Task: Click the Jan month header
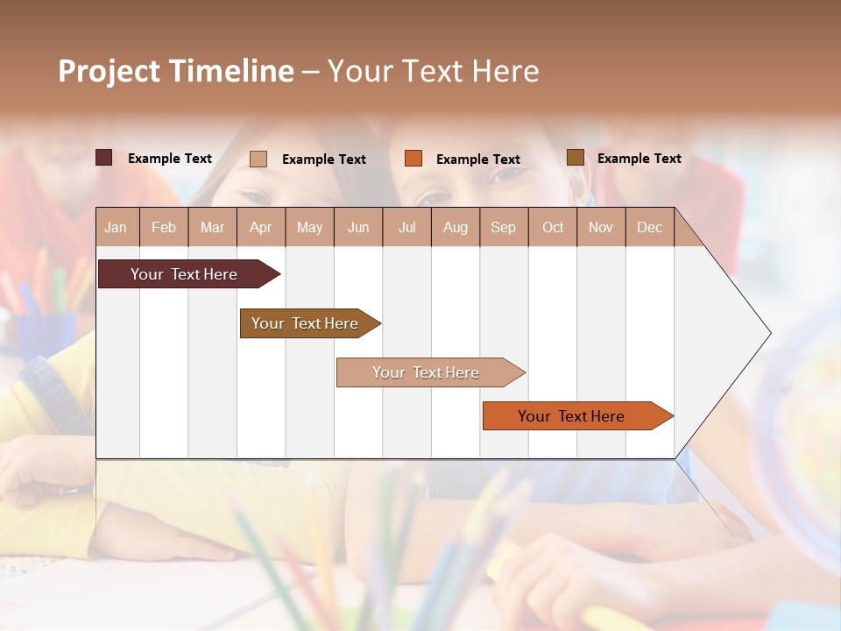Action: pyautogui.click(x=116, y=228)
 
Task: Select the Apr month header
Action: pyautogui.click(x=260, y=228)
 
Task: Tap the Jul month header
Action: pyautogui.click(x=406, y=228)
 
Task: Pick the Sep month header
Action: pyautogui.click(x=503, y=228)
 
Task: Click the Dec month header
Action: pyautogui.click(x=649, y=228)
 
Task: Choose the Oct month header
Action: pyautogui.click(x=553, y=228)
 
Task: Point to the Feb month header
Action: pyautogui.click(x=164, y=228)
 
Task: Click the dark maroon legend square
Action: pyautogui.click(x=103, y=158)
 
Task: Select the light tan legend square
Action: pyautogui.click(x=258, y=159)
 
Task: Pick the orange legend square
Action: pyautogui.click(x=413, y=159)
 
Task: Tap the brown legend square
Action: pyautogui.click(x=575, y=158)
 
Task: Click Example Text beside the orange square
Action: pyautogui.click(x=477, y=160)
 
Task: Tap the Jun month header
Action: pyautogui.click(x=358, y=228)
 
